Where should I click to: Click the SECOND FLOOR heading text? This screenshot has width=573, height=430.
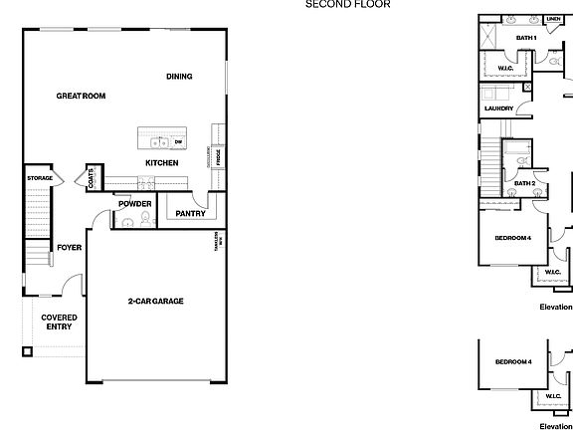coord(347,4)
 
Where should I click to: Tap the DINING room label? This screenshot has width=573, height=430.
coord(179,77)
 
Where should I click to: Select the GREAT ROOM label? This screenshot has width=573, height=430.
coord(81,97)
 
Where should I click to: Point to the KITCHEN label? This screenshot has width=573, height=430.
coord(161,163)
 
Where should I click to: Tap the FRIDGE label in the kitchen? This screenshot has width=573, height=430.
coord(219,157)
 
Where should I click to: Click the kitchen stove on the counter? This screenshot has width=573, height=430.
coord(145,183)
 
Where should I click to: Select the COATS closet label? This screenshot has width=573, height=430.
coord(92,178)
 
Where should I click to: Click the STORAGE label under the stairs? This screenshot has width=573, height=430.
coord(40,178)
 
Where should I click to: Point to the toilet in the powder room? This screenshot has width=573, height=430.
coord(145,220)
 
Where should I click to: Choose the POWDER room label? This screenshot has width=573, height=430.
coord(134,204)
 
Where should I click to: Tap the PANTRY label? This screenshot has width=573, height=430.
coord(190,213)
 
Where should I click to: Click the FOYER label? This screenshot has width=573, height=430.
coord(69,248)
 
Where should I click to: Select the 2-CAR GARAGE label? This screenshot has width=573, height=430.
coord(155,301)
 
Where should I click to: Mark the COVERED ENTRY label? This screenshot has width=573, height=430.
coord(58,322)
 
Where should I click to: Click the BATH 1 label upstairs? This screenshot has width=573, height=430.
coord(526,39)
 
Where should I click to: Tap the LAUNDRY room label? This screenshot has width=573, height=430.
coord(498,108)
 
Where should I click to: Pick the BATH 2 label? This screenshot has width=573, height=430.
coord(525,183)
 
